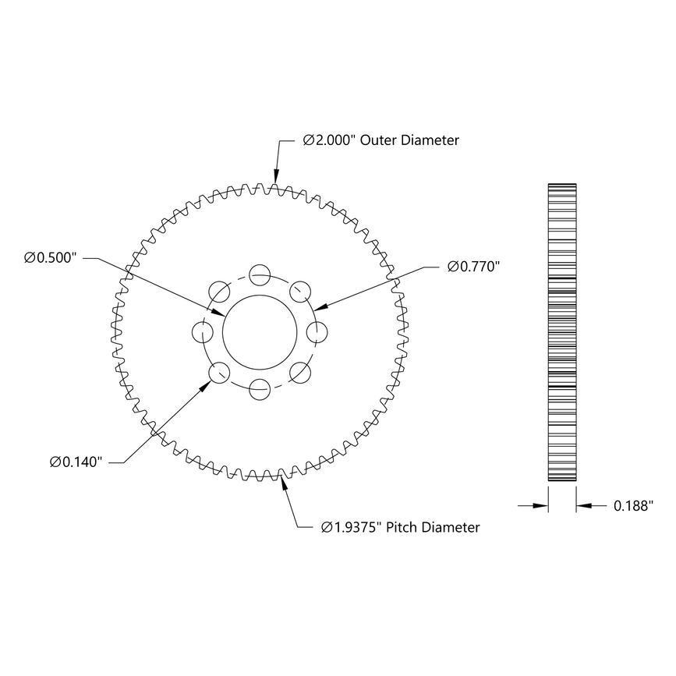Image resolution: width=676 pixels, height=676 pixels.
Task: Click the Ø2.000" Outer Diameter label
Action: (380, 140)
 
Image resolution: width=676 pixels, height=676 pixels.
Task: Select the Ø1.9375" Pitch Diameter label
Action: (401, 527)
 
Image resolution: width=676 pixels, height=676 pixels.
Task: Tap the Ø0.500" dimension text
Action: (49, 257)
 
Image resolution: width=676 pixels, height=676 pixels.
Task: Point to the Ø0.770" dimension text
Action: (473, 267)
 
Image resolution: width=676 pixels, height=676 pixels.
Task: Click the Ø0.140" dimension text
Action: (76, 462)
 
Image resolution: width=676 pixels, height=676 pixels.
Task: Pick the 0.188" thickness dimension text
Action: (632, 506)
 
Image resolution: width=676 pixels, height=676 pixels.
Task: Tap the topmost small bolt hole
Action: (260, 274)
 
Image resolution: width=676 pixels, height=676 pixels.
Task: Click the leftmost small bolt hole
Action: (202, 331)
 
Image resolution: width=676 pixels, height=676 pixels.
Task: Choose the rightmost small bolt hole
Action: (317, 331)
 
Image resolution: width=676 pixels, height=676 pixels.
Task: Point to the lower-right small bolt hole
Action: (300, 372)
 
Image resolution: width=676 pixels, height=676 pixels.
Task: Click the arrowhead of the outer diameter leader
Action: (275, 182)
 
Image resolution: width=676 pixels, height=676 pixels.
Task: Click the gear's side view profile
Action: (562, 331)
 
